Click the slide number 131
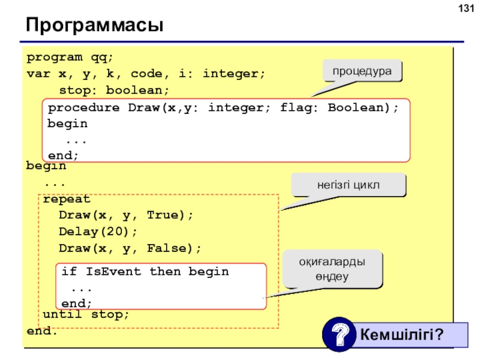tap(466, 8)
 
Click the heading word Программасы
tap(95, 25)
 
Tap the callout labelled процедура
tap(362, 71)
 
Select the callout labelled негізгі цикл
tap(349, 185)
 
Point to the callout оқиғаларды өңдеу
tap(332, 269)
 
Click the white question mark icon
tap(339, 334)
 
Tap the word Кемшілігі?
tap(401, 334)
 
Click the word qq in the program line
tap(98, 58)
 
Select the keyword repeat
tap(67, 199)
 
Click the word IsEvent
tap(113, 271)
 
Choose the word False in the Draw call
tap(167, 248)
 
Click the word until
tap(62, 314)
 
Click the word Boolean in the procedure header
tap(356, 107)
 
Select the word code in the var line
tap(146, 74)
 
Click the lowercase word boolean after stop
tap(134, 91)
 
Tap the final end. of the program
tap(41, 331)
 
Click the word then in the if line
tap(166, 271)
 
